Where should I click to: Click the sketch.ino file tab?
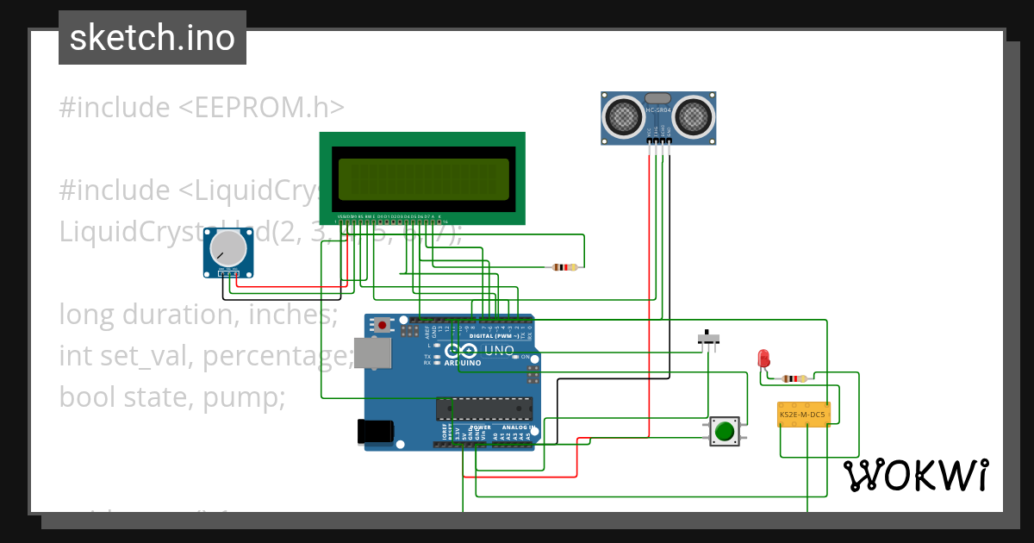tap(153, 38)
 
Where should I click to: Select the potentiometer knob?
tap(229, 252)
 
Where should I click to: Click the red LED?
tap(763, 358)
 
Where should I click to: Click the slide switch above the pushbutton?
tap(708, 340)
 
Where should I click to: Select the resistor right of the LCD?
tap(564, 267)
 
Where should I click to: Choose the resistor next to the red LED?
tap(793, 378)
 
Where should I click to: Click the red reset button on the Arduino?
tap(382, 325)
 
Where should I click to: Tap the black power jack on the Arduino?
tap(376, 431)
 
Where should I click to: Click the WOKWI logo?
tap(916, 475)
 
